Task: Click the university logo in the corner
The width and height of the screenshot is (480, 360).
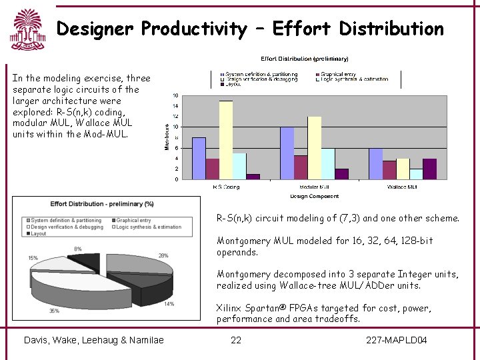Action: pyautogui.click(x=26, y=30)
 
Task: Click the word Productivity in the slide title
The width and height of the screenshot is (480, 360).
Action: pyautogui.click(x=194, y=29)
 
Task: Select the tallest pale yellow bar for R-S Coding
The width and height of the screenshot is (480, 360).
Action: pyautogui.click(x=226, y=140)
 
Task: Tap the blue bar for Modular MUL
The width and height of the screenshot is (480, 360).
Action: pyautogui.click(x=287, y=153)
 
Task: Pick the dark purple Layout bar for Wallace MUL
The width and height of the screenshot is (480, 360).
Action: pyautogui.click(x=429, y=169)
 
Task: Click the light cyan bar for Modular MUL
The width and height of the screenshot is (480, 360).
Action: pyautogui.click(x=327, y=163)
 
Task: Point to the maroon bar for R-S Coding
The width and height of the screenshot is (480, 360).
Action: pyautogui.click(x=212, y=169)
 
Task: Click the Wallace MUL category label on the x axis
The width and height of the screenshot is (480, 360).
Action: pyautogui.click(x=402, y=187)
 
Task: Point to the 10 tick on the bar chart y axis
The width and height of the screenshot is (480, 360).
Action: pyautogui.click(x=175, y=127)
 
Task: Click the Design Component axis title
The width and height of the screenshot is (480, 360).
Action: pyautogui.click(x=314, y=196)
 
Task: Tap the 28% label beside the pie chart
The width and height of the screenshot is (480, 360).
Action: pyautogui.click(x=163, y=255)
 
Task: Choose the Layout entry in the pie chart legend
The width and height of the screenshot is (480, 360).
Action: pyautogui.click(x=38, y=234)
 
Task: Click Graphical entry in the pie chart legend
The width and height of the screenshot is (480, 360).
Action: pyautogui.click(x=133, y=220)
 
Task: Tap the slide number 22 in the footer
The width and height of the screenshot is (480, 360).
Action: pyautogui.click(x=236, y=341)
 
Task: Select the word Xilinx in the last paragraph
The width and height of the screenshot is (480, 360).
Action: pyautogui.click(x=230, y=308)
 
